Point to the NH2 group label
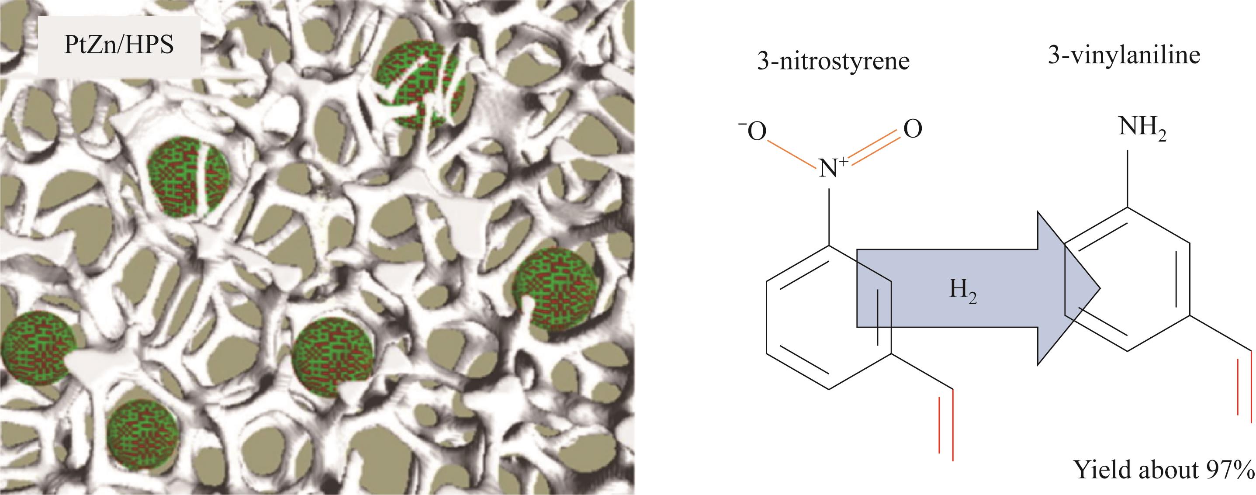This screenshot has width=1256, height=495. (x=1142, y=130)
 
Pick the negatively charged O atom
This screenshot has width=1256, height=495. (x=753, y=130)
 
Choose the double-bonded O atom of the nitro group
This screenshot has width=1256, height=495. (x=912, y=129)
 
